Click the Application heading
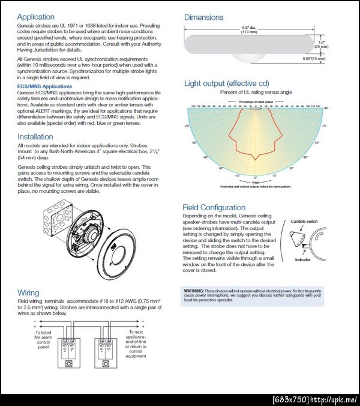(x=35, y=17)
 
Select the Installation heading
(x=35, y=137)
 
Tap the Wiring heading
(x=28, y=293)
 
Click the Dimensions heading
(x=203, y=17)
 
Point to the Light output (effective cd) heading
(x=226, y=83)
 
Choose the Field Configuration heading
(x=214, y=208)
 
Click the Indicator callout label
(x=303, y=260)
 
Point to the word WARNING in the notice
(x=193, y=290)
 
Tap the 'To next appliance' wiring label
(x=136, y=344)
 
